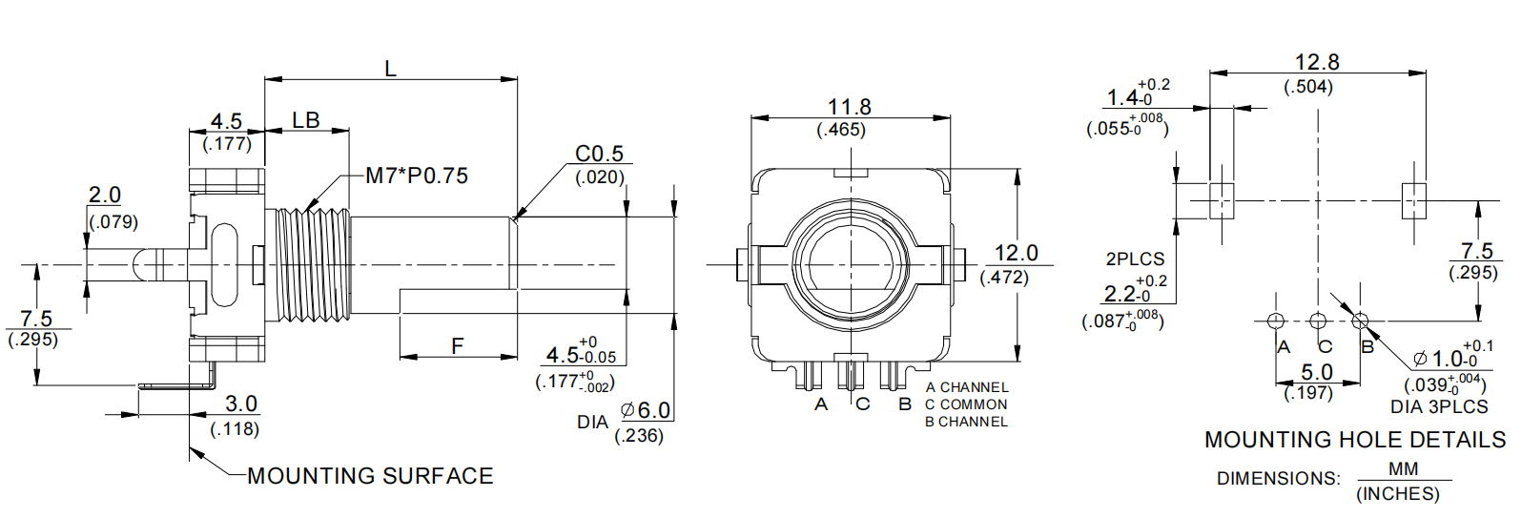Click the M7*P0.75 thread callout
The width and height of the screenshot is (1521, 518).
click(417, 176)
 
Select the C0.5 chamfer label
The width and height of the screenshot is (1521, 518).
click(599, 154)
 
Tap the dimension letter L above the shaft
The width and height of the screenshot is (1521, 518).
click(390, 68)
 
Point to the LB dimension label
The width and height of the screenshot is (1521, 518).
click(306, 120)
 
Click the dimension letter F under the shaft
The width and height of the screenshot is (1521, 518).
click(458, 345)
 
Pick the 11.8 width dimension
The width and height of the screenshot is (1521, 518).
click(849, 107)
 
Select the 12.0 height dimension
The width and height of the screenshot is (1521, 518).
click(1016, 253)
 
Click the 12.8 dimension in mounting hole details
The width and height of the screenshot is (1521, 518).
click(1316, 63)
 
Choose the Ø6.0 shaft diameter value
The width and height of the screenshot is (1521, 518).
click(647, 410)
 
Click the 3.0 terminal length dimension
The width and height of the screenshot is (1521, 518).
click(240, 404)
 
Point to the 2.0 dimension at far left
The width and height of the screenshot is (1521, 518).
click(105, 195)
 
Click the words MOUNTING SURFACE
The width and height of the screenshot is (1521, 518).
click(370, 475)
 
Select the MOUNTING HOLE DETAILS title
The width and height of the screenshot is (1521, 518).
click(1354, 440)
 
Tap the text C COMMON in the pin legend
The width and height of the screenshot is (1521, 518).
click(966, 404)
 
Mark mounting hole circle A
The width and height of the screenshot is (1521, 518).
click(1276, 321)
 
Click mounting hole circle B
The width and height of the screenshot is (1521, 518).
click(1360, 321)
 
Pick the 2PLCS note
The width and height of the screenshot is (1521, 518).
click(1135, 259)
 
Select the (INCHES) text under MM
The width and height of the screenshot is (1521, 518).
click(1397, 494)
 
